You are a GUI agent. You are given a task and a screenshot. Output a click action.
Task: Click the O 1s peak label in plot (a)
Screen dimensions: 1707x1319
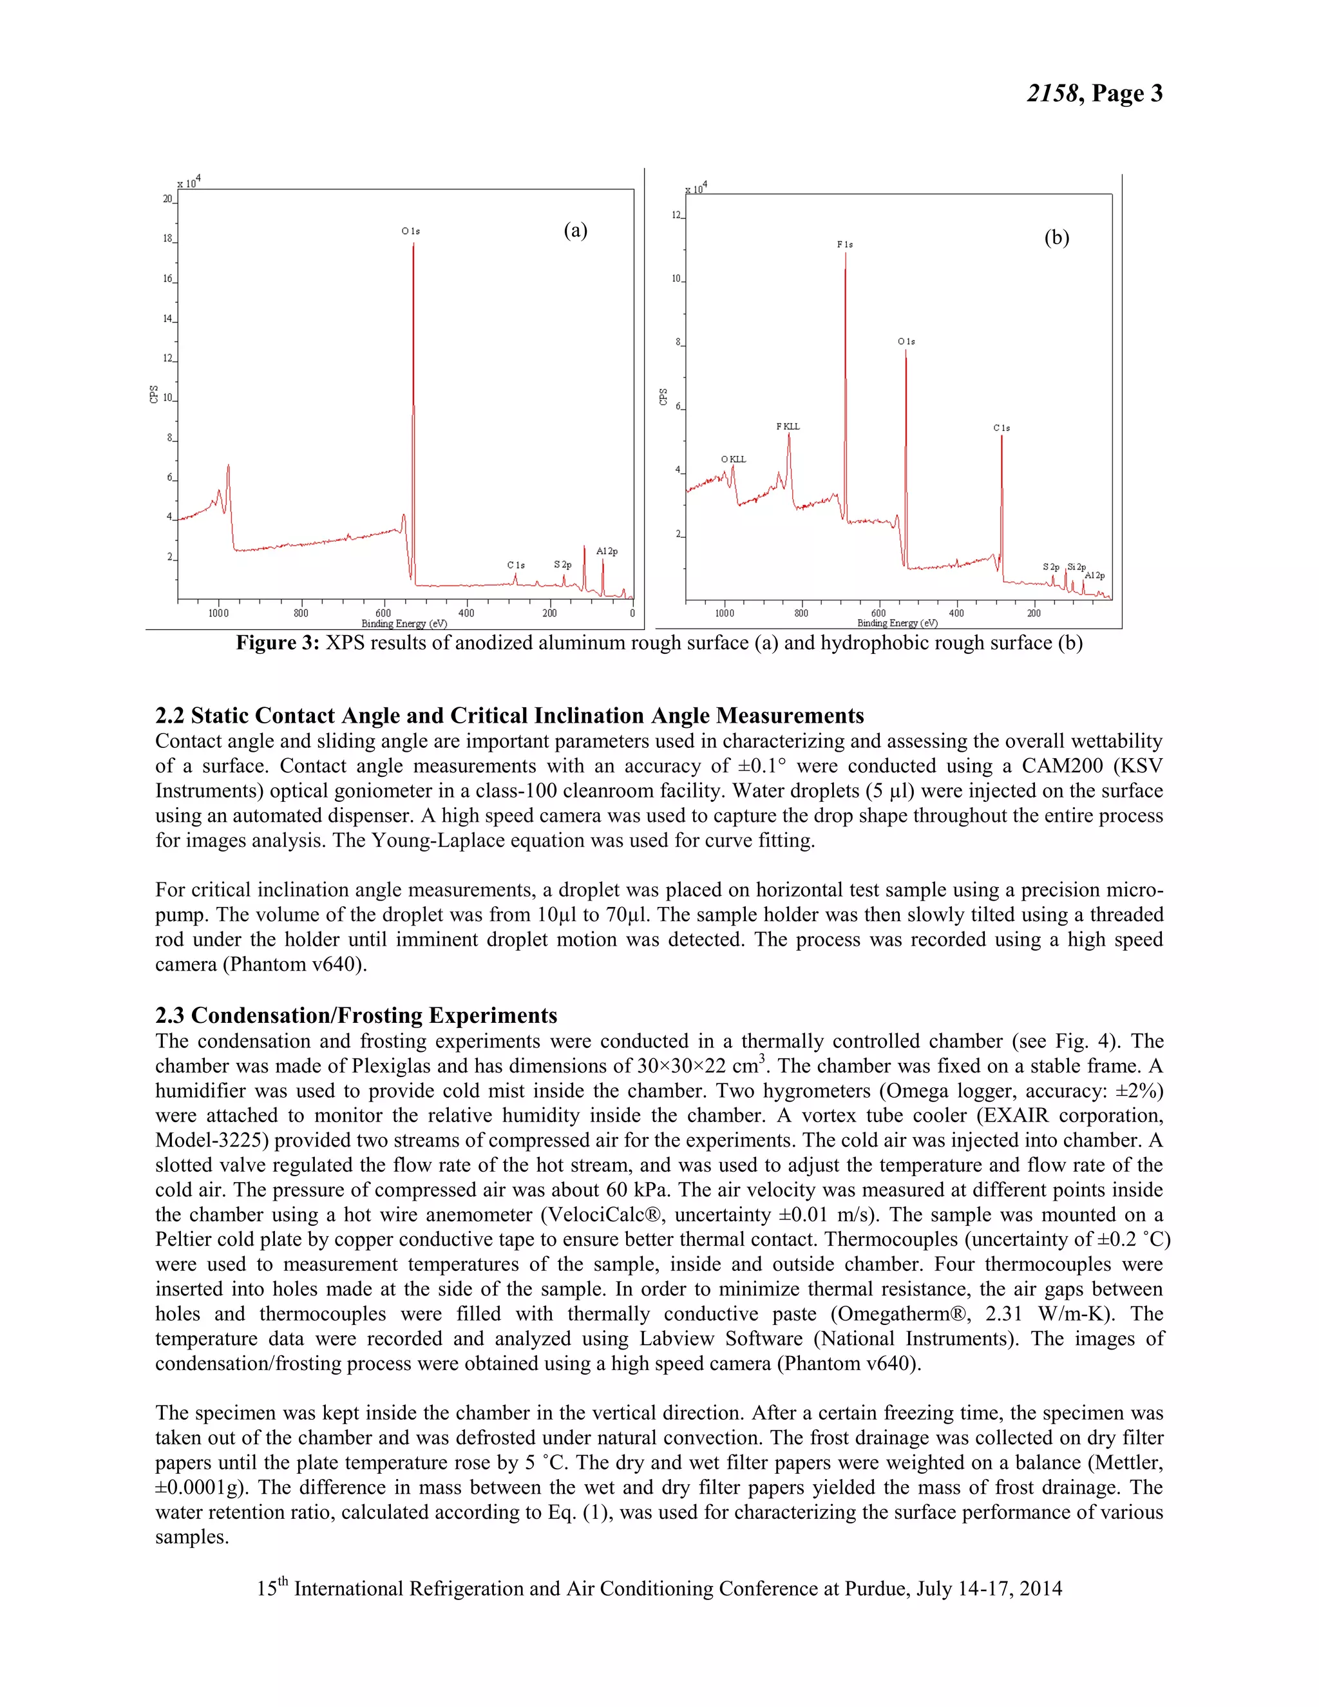[410, 231]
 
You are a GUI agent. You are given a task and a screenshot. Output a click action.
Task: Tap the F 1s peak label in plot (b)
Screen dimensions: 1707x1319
[845, 245]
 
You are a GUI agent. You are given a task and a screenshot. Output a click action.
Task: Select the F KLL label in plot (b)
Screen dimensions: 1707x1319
[788, 426]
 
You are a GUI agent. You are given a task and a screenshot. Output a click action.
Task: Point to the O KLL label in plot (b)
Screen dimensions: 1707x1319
[733, 459]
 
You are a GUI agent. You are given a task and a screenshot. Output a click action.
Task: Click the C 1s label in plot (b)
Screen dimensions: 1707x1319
[1001, 428]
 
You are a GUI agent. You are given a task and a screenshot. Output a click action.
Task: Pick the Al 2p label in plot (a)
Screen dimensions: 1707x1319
[606, 551]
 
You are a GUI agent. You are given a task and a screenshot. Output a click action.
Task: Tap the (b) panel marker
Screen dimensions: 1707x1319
[1056, 238]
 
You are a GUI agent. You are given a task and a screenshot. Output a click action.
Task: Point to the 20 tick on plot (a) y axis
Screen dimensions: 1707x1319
[167, 199]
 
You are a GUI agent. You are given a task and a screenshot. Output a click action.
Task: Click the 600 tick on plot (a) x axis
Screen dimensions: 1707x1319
[383, 613]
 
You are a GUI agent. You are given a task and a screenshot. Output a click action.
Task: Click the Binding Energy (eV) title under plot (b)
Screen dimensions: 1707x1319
[897, 623]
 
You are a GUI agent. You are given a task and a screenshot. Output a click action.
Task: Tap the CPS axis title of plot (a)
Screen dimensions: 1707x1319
[154, 394]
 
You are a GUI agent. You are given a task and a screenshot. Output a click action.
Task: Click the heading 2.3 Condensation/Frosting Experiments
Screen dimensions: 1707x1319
[356, 1015]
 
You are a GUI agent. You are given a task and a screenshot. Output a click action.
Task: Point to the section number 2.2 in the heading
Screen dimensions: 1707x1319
[169, 716]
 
